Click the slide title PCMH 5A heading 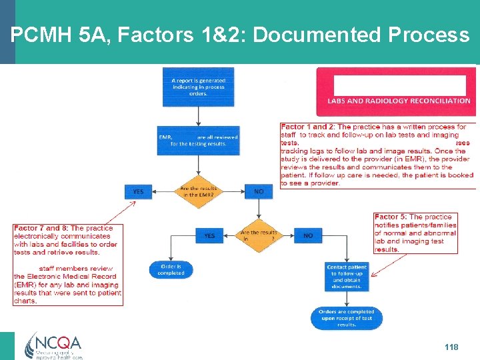click(240, 35)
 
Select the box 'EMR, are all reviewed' click(198, 139)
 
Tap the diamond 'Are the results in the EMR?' click(198, 191)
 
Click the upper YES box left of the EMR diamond click(138, 191)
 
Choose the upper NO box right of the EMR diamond click(259, 191)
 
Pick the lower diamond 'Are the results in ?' click(258, 235)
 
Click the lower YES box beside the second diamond click(209, 235)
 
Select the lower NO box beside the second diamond click(308, 235)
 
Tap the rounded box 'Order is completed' click(171, 270)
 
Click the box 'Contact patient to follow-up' click(347, 276)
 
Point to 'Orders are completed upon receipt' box click(347, 318)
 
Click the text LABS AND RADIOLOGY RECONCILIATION click(399, 101)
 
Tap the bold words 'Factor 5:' click(391, 217)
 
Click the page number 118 click(451, 347)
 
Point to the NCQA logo click(53, 345)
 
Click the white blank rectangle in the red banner click(399, 85)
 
